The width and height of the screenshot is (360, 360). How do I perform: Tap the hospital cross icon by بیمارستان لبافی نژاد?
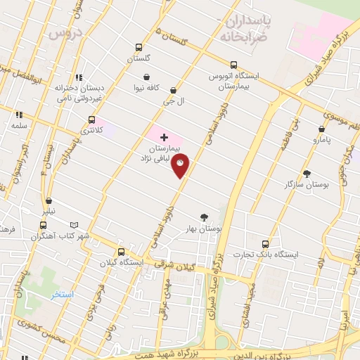[x=164, y=136]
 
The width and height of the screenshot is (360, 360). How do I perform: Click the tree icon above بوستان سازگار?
[x=307, y=173]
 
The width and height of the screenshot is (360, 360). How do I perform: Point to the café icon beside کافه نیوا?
[x=146, y=77]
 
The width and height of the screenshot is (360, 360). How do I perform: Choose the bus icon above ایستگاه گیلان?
[x=122, y=251]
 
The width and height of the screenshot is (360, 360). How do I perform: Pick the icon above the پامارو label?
[x=321, y=129]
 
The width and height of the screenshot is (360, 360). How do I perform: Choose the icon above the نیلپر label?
[x=49, y=200]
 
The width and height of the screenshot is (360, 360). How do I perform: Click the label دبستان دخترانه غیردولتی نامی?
[x=79, y=93]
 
